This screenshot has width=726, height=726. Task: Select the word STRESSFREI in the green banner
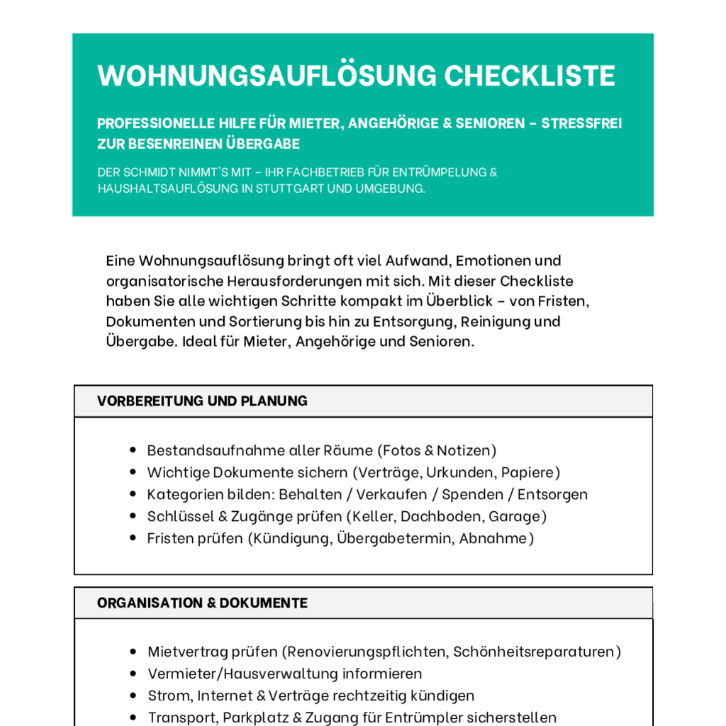581,123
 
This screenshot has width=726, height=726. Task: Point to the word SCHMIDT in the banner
153,172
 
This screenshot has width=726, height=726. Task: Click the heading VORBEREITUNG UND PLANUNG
202,401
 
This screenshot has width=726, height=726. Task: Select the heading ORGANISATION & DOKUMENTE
202,603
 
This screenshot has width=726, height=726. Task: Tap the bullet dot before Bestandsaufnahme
133,450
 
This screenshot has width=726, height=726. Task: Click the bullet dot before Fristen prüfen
133,537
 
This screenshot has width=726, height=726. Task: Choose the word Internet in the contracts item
225,696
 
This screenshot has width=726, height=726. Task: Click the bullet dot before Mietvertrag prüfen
133,652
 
